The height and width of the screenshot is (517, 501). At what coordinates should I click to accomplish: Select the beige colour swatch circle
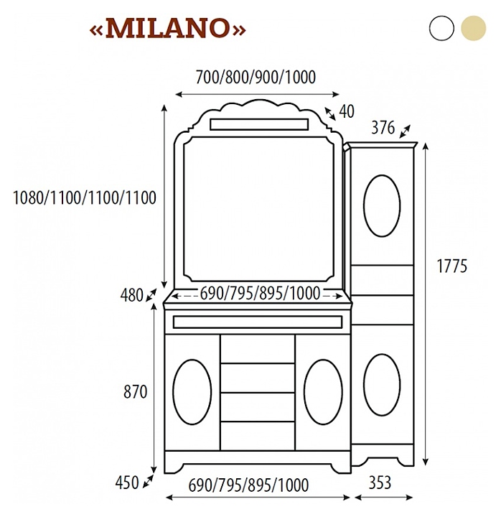point(474,28)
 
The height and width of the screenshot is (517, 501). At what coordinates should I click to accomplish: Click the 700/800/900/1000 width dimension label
point(256,77)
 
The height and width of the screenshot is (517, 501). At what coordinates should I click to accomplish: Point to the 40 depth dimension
point(347,111)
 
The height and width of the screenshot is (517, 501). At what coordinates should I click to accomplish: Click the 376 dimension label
point(383,129)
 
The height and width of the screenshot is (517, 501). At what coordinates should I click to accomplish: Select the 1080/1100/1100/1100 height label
point(85,197)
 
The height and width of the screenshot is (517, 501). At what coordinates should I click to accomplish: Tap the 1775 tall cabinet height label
point(451,266)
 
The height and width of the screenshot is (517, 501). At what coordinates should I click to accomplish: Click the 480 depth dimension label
point(132,295)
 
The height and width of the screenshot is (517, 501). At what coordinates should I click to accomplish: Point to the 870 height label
point(135,392)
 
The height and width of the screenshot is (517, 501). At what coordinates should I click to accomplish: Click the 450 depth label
point(127,483)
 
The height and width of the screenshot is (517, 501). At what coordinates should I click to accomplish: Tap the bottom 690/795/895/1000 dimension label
point(248,485)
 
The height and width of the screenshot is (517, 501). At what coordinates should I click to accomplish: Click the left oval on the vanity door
point(192,391)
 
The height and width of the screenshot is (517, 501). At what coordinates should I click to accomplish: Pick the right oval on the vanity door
point(323,391)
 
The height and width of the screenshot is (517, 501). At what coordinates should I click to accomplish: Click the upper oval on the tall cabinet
point(381,204)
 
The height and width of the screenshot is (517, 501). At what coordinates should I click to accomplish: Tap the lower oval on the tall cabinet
point(381,384)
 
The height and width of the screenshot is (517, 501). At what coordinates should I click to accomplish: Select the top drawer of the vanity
point(258,349)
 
